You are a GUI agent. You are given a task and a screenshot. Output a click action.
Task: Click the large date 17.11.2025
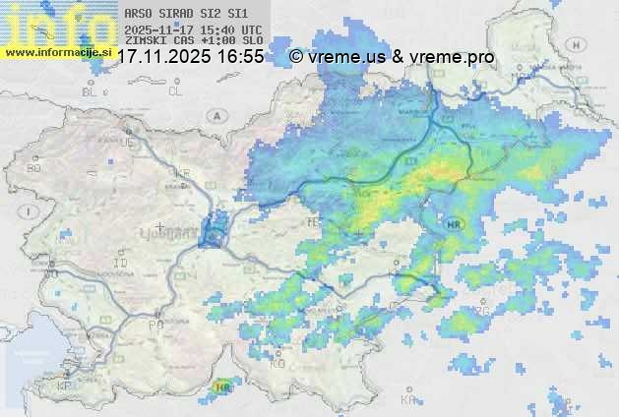tap(164, 58)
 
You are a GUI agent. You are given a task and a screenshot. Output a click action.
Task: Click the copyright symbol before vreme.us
tap(295, 58)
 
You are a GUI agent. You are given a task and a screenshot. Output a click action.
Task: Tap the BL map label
tap(91, 91)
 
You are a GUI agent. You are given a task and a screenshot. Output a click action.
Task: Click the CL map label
tap(175, 91)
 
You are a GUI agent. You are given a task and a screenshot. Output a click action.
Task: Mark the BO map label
tap(34, 168)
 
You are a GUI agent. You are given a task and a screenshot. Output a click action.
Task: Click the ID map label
tap(121, 264)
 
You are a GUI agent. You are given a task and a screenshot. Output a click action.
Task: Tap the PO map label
tap(155, 325)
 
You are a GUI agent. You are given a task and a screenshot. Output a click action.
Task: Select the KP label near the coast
tap(64, 387)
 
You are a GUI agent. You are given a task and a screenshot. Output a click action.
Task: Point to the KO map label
tap(278, 363)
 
